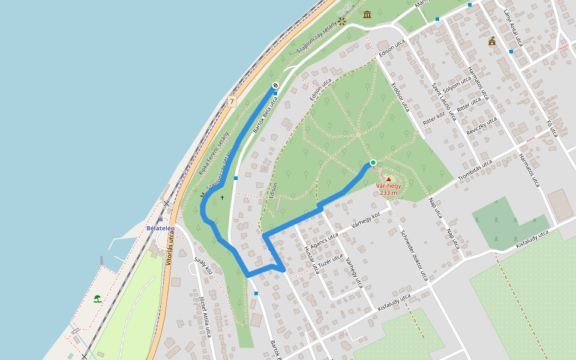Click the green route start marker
coord(373,163)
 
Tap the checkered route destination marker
coord(275,85)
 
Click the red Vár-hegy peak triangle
coord(389,179)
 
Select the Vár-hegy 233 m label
coord(388,190)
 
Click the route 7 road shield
coord(232,102)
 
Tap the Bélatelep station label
coord(160,228)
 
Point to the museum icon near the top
coord(367,14)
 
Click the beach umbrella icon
coord(97,298)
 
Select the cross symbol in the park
coord(222,197)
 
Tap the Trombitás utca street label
coord(475,170)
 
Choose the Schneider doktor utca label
coord(414,255)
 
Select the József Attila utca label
coord(205,316)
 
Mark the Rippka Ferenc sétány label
coord(214,152)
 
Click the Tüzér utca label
coord(331,260)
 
